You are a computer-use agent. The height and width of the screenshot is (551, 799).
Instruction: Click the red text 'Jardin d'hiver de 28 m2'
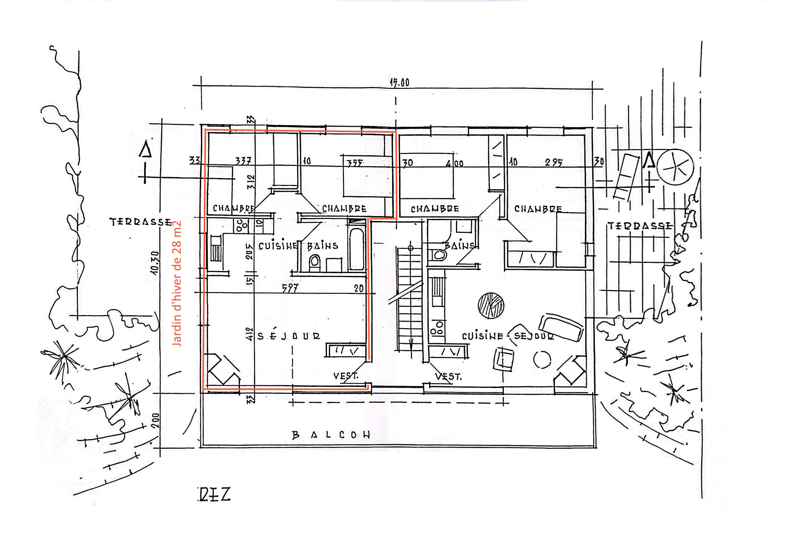tap(177, 283)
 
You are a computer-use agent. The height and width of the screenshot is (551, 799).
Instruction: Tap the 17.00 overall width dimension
tap(399, 83)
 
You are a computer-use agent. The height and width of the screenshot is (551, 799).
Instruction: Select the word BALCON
tap(331, 435)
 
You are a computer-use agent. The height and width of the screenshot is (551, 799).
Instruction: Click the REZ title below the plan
tap(214, 495)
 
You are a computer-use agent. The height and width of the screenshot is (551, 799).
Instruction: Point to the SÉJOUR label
tap(289, 336)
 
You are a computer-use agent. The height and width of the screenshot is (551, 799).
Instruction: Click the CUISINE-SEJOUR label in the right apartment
tap(508, 336)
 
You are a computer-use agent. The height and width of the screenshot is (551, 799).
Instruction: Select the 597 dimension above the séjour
tap(290, 288)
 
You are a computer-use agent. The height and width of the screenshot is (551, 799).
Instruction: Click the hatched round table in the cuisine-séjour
tap(491, 305)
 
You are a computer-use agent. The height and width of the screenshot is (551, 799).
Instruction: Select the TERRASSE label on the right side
tap(640, 226)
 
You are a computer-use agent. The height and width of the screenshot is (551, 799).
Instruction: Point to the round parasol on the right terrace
tap(674, 167)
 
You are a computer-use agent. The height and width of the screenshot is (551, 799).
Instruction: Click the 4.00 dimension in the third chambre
tap(454, 163)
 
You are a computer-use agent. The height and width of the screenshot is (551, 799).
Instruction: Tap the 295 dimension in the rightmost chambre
tap(554, 162)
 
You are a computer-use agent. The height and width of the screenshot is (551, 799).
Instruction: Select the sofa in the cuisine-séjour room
tap(561, 327)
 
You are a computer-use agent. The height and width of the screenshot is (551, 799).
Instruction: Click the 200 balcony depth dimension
tap(156, 420)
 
